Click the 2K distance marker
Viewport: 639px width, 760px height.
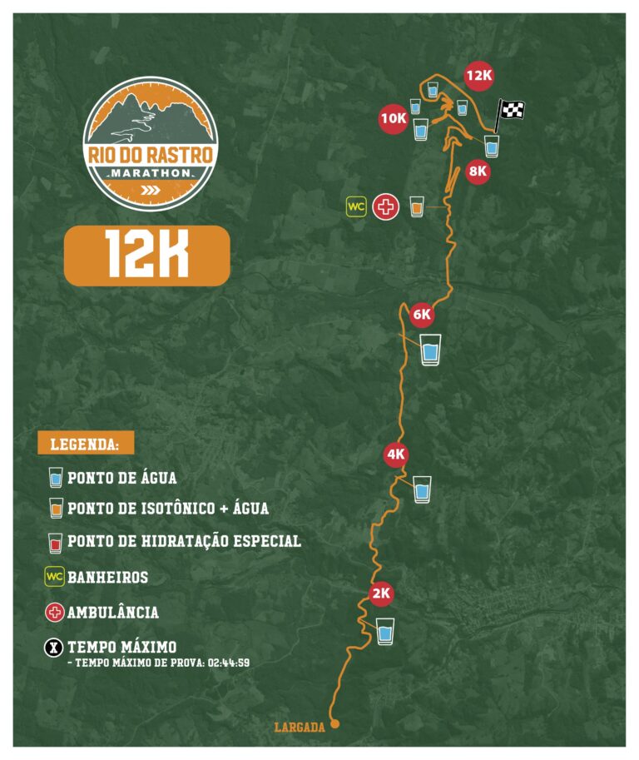point(380,594)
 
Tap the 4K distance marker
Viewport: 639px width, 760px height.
point(395,455)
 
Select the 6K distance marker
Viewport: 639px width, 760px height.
point(422,315)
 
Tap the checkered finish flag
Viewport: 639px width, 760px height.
point(511,110)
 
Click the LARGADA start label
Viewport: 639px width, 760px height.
point(299,728)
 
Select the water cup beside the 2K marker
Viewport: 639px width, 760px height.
point(384,631)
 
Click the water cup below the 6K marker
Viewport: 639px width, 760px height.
point(430,350)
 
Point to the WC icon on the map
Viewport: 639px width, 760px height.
point(356,206)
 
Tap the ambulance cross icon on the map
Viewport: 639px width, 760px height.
point(384,206)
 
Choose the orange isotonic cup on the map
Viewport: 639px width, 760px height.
point(417,206)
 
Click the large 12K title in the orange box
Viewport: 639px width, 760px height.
point(146,256)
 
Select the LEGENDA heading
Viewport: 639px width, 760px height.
point(85,444)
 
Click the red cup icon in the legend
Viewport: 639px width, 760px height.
point(56,542)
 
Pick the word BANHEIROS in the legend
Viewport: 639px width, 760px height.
point(107,577)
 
